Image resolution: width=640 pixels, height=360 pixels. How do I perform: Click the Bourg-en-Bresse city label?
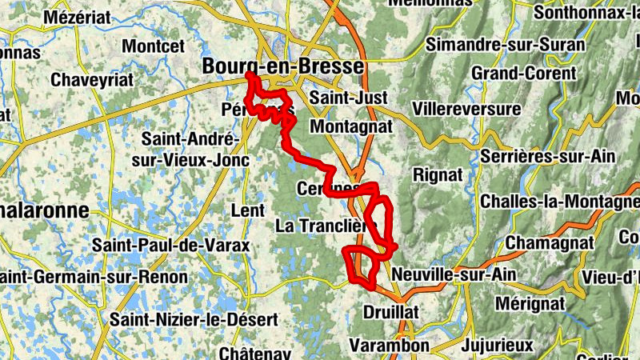[283, 66]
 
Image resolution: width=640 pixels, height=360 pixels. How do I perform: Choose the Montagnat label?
[351, 126]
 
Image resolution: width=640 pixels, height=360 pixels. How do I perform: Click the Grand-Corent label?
[523, 74]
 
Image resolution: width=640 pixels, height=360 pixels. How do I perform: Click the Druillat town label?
[391, 310]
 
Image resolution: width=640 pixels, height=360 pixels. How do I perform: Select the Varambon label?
[390, 346]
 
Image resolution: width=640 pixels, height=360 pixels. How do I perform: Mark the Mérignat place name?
[530, 304]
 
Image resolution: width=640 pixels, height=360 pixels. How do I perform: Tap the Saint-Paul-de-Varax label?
[171, 245]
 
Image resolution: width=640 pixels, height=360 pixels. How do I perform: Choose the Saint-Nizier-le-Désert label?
[194, 319]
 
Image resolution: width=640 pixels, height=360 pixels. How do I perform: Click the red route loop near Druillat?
[362, 267]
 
